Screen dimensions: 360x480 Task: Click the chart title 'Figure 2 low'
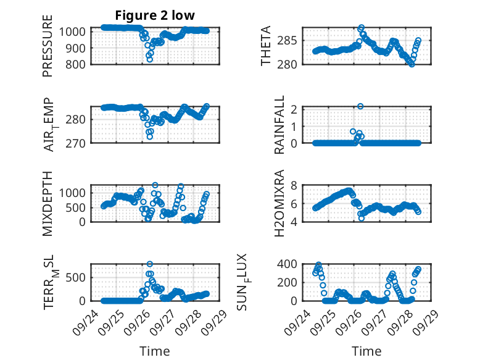point(155,16)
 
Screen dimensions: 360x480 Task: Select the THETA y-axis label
point(265,46)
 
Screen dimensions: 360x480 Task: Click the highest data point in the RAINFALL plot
point(360,106)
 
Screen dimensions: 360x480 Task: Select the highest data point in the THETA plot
point(362,28)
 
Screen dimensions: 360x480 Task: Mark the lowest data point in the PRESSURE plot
point(149,60)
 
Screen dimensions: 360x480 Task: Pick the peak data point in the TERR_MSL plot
point(150,264)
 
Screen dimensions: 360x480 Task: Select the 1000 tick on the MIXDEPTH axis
point(75,193)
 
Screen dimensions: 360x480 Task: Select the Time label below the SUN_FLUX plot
point(366,351)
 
